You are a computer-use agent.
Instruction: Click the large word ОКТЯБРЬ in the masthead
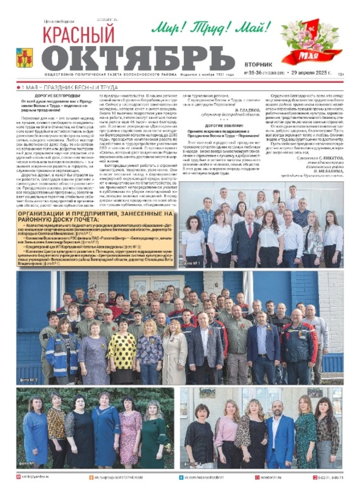click(x=139, y=58)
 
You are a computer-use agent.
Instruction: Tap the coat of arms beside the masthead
click(x=24, y=58)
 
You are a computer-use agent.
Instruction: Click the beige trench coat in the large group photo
click(x=174, y=356)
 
